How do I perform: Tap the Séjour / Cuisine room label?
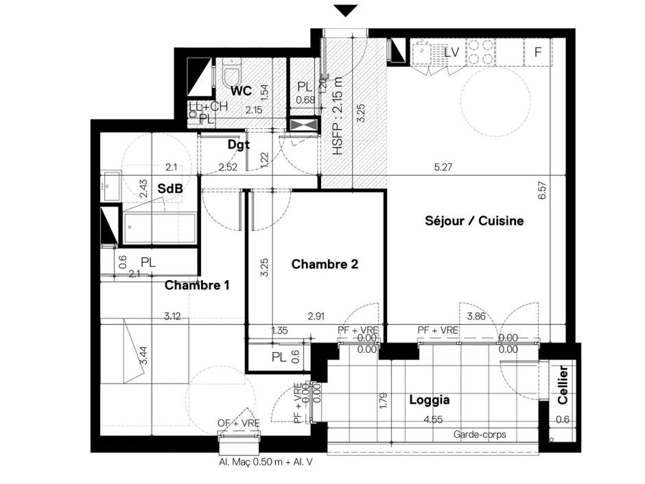(474, 221)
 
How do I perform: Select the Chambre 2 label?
(325, 264)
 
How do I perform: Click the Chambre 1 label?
(197, 285)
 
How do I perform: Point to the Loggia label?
(429, 400)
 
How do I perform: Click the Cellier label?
(563, 385)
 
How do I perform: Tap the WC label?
(241, 91)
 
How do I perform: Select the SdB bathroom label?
(169, 188)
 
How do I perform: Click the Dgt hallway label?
(238, 145)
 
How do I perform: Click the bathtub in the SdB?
(159, 227)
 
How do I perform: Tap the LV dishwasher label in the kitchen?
(451, 51)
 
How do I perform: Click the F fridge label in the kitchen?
(538, 52)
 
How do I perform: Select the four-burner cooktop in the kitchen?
(481, 52)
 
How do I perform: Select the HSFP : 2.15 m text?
(337, 120)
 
